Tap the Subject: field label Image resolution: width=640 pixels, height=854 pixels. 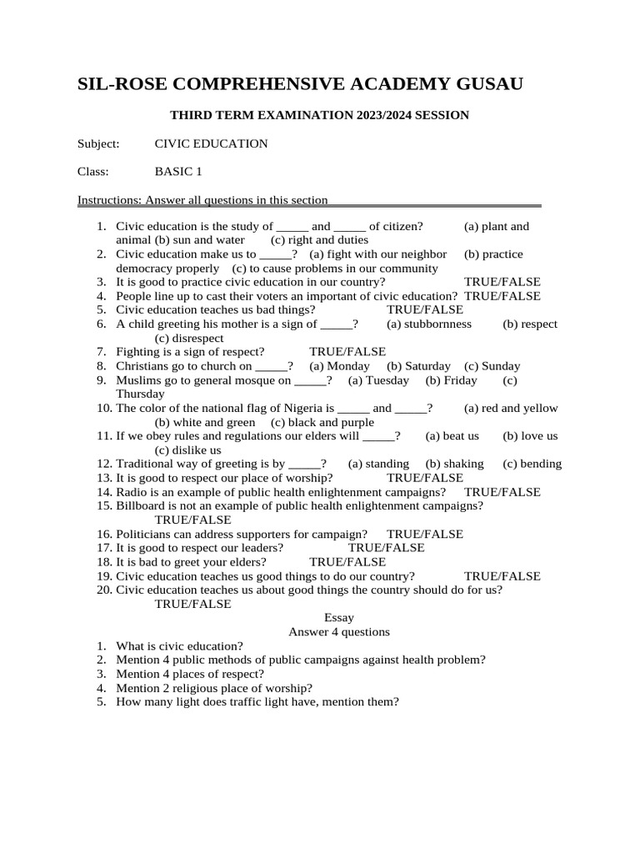tap(98, 143)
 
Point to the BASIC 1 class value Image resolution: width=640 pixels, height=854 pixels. tap(178, 172)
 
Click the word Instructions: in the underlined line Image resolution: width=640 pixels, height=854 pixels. tap(109, 200)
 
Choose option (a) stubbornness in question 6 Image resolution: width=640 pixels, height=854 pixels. tap(429, 324)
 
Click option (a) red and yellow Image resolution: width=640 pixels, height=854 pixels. tap(511, 409)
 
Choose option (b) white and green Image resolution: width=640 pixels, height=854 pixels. tap(205, 423)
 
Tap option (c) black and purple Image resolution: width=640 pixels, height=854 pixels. tap(322, 423)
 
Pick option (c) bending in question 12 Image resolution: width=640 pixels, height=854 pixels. tap(532, 464)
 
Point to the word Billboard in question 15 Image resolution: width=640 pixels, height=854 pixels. tap(142, 506)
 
